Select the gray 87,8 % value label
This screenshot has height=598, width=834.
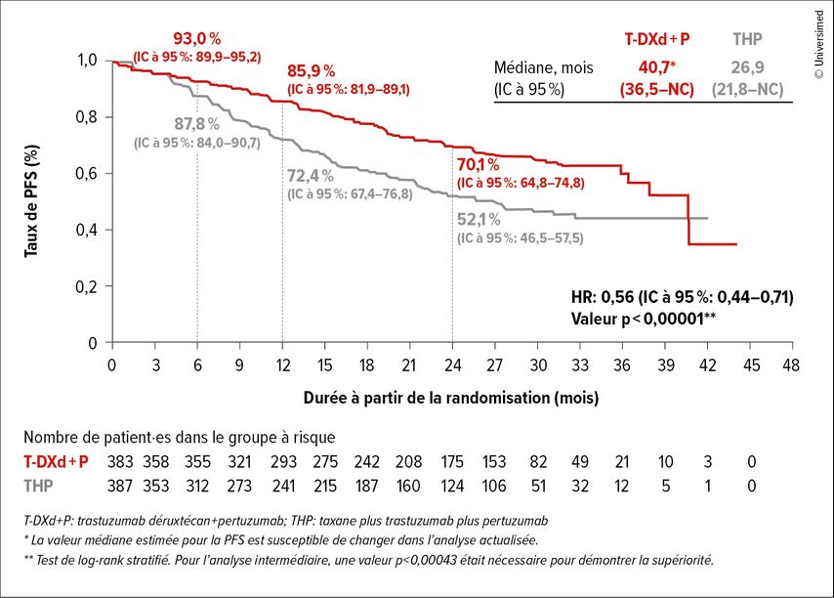click(195, 124)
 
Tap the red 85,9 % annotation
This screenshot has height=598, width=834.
click(312, 71)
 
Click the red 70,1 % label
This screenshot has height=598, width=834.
click(480, 164)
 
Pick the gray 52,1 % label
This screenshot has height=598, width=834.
click(480, 219)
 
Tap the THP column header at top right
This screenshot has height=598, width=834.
click(748, 40)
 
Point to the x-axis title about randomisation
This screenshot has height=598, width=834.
click(450, 399)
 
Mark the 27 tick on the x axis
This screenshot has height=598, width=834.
click(494, 363)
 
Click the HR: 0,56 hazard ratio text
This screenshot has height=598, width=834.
click(681, 297)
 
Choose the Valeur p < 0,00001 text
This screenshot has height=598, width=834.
click(643, 318)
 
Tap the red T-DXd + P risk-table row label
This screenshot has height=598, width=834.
click(56, 461)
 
